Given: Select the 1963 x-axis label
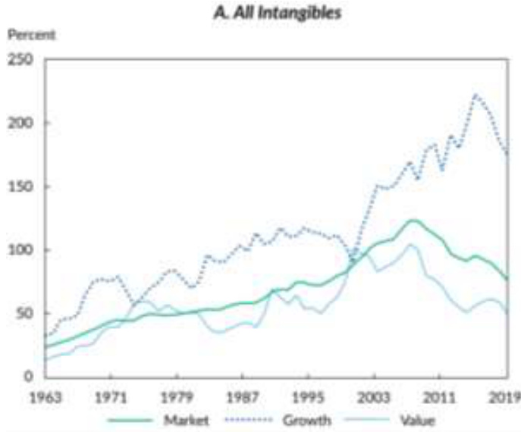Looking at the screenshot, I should tap(45, 396).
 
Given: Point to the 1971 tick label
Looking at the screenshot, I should tap(111, 396).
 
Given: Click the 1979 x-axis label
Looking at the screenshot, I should tap(177, 396).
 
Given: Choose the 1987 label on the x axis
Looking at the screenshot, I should tap(243, 396).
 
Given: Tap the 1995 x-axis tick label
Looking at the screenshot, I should tap(309, 396).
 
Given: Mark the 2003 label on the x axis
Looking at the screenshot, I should tap(374, 396).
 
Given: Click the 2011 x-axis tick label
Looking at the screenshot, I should tap(440, 396).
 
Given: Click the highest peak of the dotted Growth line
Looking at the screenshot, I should tap(475, 95).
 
